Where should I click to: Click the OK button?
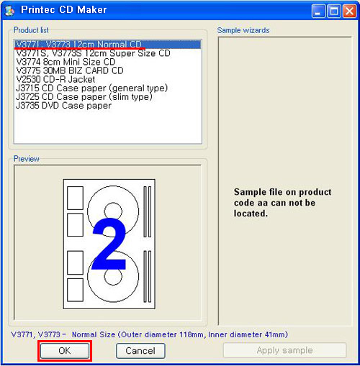65,351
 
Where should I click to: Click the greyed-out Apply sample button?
284,350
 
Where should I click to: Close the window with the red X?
349,11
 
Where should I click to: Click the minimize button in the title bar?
318,11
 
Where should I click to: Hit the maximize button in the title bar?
334,11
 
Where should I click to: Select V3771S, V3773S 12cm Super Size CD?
93,53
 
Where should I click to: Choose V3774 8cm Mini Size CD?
66,62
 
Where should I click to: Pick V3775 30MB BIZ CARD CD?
70,70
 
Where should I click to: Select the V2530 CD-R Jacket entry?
55,79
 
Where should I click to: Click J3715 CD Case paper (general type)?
91,88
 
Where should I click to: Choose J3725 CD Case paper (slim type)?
84,97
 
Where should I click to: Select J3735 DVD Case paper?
63,106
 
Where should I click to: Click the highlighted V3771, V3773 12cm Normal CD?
78,45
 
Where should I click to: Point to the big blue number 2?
109,244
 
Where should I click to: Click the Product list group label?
31,30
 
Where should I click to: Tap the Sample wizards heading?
243,30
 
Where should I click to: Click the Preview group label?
26,159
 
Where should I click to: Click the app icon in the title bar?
10,11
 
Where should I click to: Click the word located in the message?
251,214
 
